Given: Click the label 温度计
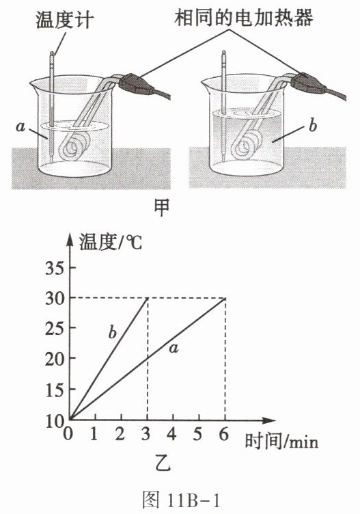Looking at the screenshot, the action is [x=65, y=20].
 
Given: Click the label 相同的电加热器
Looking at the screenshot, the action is [x=244, y=17].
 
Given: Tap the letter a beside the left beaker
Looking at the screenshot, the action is [x=20, y=127].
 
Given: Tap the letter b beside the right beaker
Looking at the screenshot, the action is [x=313, y=126].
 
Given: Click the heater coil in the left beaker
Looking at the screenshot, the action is [x=75, y=146].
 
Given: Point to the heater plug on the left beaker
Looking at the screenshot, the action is [x=136, y=84].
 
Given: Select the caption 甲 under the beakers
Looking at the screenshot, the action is [x=162, y=208].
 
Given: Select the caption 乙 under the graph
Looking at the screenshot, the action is [x=163, y=465].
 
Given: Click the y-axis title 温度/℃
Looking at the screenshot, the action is [x=111, y=243].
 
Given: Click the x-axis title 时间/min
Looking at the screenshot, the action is [x=281, y=442].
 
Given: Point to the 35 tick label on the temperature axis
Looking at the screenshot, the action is [x=54, y=269].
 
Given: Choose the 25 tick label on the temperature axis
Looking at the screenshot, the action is [x=54, y=328].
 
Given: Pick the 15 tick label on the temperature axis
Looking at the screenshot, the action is [x=54, y=390].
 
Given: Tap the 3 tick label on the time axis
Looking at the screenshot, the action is [x=146, y=434].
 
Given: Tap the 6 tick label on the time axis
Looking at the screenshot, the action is [x=224, y=434].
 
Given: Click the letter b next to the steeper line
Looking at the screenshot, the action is [x=112, y=332].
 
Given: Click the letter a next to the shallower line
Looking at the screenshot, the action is [x=174, y=349].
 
